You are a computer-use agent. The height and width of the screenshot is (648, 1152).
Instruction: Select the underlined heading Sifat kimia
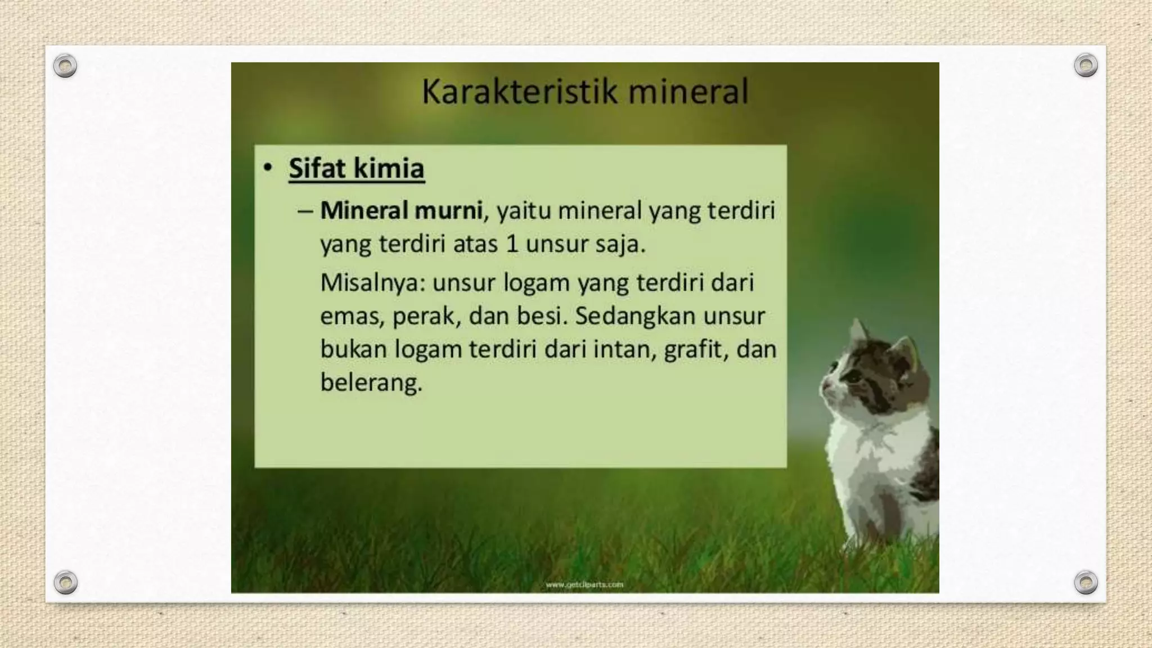tap(356, 168)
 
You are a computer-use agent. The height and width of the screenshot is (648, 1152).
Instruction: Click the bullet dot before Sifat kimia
tap(268, 168)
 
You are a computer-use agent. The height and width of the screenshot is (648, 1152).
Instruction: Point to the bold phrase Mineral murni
tap(401, 210)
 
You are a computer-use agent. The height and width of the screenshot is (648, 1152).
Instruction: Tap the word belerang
tap(371, 383)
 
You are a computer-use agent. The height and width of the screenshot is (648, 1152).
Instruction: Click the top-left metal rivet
tap(65, 66)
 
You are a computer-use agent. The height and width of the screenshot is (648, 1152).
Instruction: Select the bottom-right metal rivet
tap(1085, 582)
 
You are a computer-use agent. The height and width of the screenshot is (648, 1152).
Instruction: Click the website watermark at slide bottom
tap(584, 584)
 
